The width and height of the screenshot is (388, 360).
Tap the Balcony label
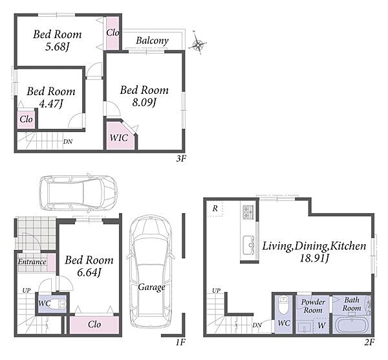[x=152, y=41]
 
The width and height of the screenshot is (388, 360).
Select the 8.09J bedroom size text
[x=144, y=102]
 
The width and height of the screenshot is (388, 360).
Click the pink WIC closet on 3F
[x=120, y=135]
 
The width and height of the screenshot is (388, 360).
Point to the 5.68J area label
[x=56, y=47]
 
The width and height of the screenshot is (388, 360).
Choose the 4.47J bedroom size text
[x=50, y=104]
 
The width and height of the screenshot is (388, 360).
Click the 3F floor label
[x=181, y=159]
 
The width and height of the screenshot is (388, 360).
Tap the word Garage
[x=151, y=287]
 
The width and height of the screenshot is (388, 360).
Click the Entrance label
[x=32, y=262]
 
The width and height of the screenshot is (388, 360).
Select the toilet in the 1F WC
[x=59, y=304]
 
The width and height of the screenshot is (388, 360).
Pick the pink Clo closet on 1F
[x=94, y=325]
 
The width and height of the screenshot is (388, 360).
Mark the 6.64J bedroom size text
[x=89, y=273]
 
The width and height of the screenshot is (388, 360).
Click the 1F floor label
[x=180, y=342]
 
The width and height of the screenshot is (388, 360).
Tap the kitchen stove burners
[x=248, y=212]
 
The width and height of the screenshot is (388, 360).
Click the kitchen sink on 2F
[x=248, y=245]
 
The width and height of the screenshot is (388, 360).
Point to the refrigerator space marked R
[x=215, y=208]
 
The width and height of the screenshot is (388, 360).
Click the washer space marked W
[x=321, y=325]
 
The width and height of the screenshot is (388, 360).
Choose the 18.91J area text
[x=314, y=259]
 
